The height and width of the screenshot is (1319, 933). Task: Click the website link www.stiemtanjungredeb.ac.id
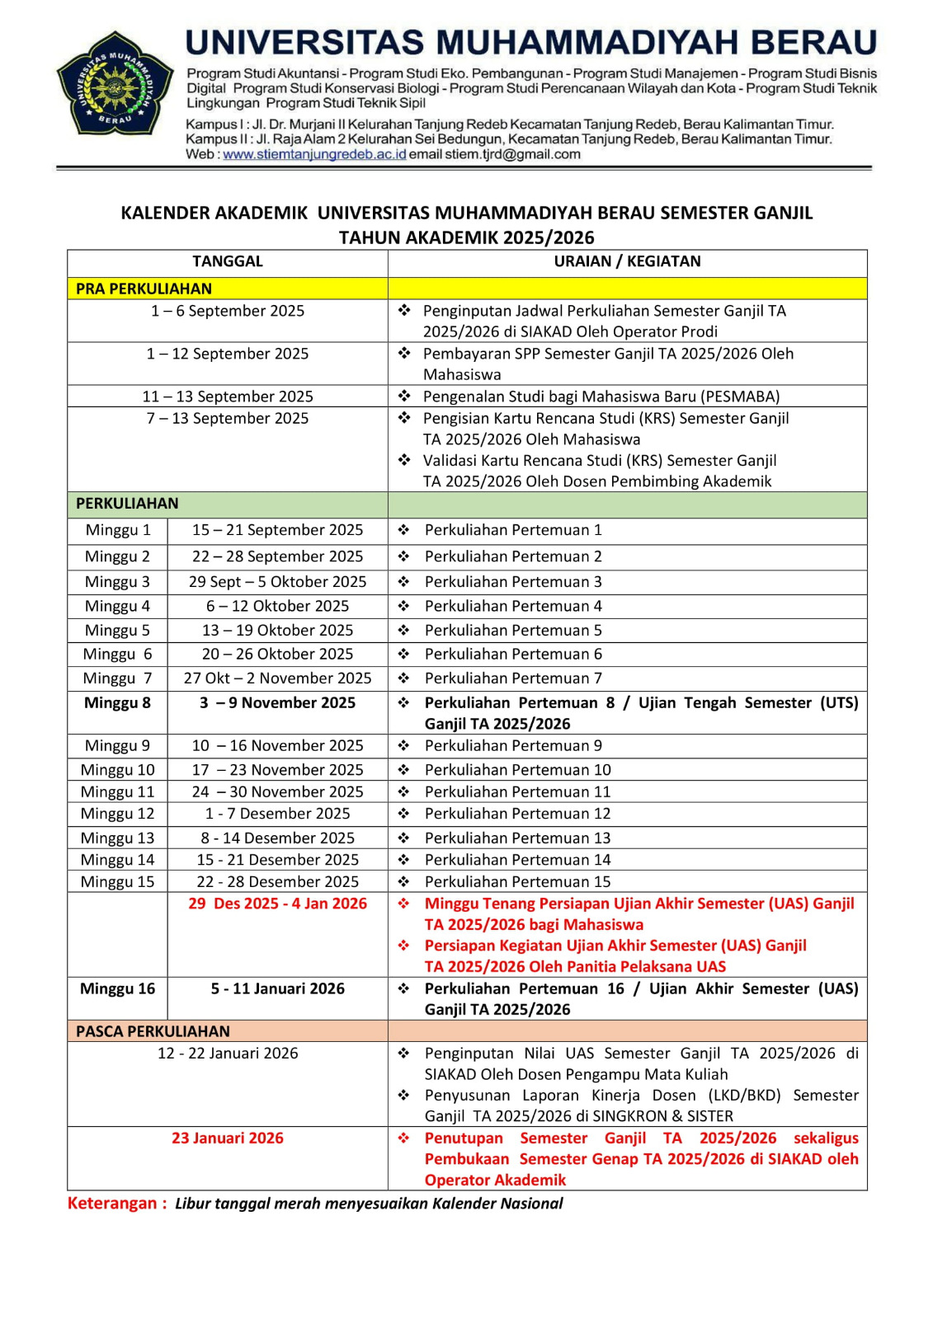tap(314, 154)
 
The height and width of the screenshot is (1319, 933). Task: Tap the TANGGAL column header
tap(228, 261)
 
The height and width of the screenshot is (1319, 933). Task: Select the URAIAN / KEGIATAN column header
tap(627, 261)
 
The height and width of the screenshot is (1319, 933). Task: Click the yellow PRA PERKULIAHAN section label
tap(144, 289)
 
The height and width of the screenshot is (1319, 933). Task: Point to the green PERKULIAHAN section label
tap(127, 504)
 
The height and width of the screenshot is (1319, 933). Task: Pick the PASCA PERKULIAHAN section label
tap(153, 1031)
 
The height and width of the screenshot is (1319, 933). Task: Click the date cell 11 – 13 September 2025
tap(228, 397)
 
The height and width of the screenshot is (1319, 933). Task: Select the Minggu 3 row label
tap(117, 582)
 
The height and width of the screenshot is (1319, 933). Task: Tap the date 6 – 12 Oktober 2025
tap(277, 606)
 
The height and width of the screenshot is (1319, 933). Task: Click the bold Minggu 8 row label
tap(117, 703)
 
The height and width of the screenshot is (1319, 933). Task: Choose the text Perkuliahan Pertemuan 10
tap(517, 770)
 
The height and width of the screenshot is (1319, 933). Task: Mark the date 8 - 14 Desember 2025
tap(277, 838)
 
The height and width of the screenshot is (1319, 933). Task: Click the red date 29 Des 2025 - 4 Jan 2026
tap(277, 904)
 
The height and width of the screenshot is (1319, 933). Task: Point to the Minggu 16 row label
tap(117, 988)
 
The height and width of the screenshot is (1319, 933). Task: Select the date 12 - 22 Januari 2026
tap(228, 1054)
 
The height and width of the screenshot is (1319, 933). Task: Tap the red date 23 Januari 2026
tap(228, 1138)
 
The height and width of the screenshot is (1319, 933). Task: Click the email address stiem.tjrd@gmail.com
tap(513, 154)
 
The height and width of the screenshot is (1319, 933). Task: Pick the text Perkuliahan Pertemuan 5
tap(513, 631)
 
